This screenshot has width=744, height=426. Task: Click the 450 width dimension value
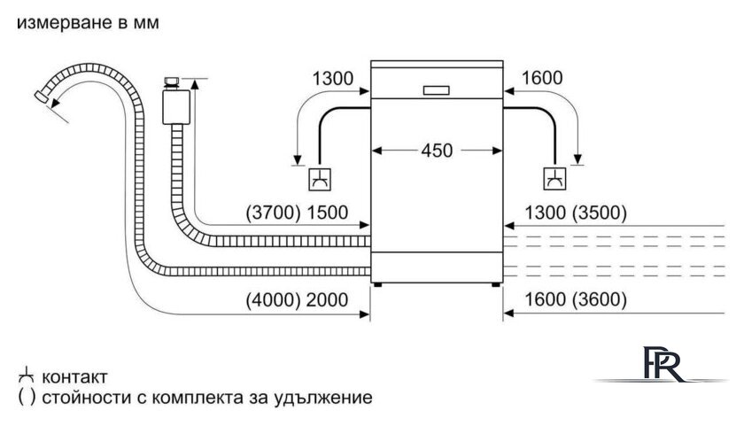coord(436,151)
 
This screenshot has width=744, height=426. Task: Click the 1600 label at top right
coord(543,78)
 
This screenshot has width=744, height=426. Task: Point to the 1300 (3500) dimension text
coord(576,213)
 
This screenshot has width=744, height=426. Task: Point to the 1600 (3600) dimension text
coord(576,300)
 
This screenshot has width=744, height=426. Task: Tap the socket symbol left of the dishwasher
coord(319,180)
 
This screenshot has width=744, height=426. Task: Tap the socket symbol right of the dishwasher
coord(555,179)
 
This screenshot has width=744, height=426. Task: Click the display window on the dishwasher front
coord(437,89)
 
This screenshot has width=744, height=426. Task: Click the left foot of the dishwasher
coord(379,284)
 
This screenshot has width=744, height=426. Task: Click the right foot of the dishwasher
coord(494,284)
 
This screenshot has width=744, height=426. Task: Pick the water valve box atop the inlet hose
coord(174,104)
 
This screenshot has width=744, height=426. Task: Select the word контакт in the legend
coord(75,376)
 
